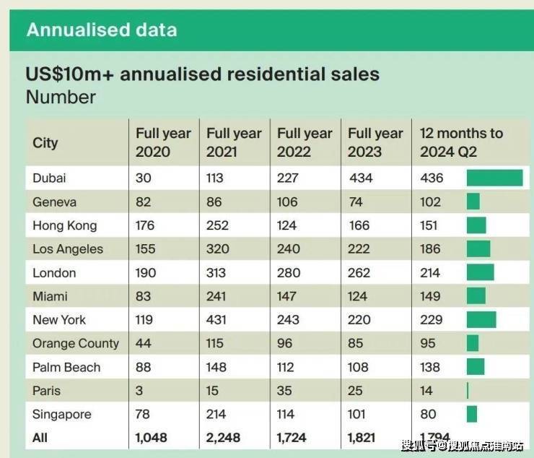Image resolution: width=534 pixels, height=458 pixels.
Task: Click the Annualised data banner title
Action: click(x=102, y=30)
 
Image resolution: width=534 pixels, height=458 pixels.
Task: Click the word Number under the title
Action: click(x=61, y=97)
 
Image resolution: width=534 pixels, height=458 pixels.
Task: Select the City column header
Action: click(x=45, y=142)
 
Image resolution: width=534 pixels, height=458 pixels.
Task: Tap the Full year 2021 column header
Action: click(x=234, y=142)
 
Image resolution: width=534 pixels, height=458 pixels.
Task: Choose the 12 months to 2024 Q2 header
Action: click(x=461, y=142)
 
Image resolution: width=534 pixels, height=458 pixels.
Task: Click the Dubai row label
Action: click(x=49, y=178)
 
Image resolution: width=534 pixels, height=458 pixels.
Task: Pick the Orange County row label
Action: click(x=75, y=343)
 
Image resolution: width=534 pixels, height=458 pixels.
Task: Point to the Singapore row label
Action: click(x=61, y=414)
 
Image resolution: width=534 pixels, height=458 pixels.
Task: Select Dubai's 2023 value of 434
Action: click(x=361, y=178)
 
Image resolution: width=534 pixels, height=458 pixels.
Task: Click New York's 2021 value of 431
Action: click(x=218, y=319)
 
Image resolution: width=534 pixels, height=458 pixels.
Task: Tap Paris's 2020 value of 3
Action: click(x=139, y=391)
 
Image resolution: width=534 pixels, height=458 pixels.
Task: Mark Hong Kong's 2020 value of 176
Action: click(x=145, y=225)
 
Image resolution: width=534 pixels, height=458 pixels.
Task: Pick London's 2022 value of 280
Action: click(x=289, y=272)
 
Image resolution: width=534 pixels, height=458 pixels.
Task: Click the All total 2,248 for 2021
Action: click(x=226, y=438)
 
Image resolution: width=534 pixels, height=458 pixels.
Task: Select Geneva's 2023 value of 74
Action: click(x=356, y=202)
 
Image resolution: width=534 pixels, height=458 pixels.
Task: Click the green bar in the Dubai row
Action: click(x=494, y=178)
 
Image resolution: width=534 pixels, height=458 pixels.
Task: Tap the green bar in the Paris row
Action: click(x=468, y=391)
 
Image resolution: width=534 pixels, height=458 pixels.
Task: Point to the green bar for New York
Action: click(x=481, y=319)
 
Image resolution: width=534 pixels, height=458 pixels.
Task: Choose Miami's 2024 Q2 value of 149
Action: click(x=430, y=295)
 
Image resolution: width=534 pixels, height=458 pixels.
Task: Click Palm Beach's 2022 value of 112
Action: click(x=287, y=367)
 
